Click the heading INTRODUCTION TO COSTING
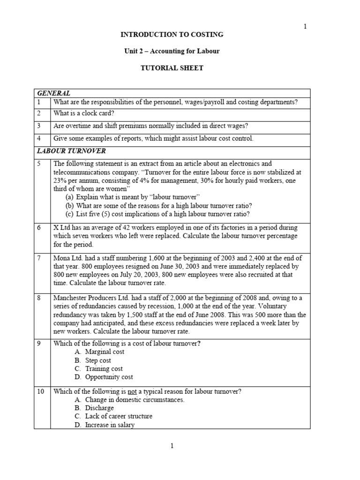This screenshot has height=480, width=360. click(172, 35)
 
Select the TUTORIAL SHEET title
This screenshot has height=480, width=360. click(172, 68)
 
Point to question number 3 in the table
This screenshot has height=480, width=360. click(39, 126)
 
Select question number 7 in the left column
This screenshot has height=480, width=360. click(39, 258)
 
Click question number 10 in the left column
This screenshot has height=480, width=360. click(41, 391)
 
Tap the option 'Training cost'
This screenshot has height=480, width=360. click(104, 369)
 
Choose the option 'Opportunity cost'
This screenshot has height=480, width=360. click(109, 377)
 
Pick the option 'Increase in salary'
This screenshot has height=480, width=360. click(110, 425)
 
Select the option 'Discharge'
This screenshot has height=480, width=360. click(99, 408)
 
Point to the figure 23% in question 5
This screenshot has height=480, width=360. click(60, 180)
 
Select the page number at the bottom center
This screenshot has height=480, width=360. click(172, 446)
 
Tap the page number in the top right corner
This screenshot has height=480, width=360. click(305, 26)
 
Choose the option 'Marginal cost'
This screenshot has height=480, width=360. click(105, 352)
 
